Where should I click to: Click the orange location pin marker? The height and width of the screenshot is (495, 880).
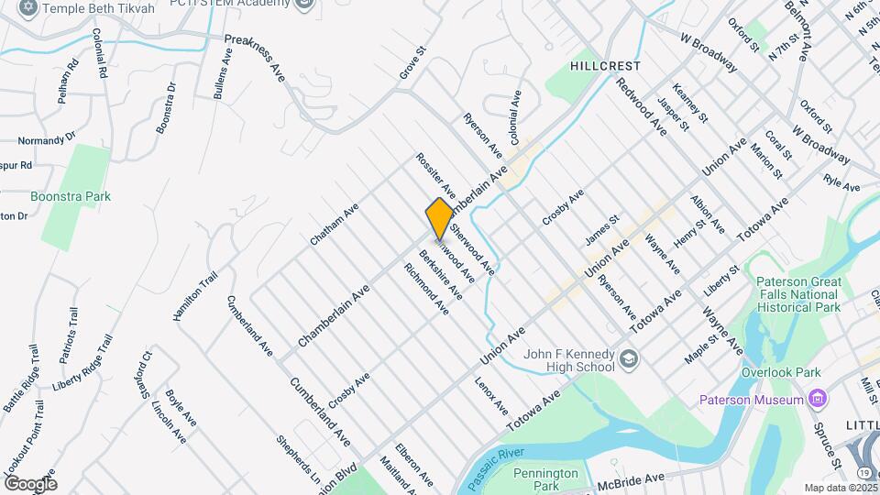pos(439,218)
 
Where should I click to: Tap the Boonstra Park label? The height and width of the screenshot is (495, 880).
pos(71,196)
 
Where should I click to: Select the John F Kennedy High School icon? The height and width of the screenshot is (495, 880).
pos(628,357)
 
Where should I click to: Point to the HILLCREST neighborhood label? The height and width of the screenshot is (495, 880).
pos(605,66)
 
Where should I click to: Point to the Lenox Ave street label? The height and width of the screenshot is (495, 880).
pos(491,393)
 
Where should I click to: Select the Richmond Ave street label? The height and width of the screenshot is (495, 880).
pos(426,289)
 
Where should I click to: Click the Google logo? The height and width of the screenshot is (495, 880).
pos(30,483)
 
